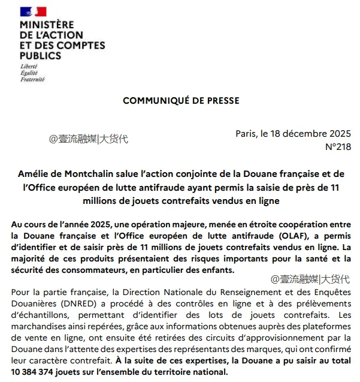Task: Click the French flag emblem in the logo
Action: (x=33, y=12)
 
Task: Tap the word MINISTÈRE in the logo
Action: (x=47, y=25)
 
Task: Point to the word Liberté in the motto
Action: (x=29, y=66)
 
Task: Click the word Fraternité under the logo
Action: (x=32, y=79)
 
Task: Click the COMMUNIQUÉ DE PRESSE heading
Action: (x=181, y=100)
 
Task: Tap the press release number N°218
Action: (x=338, y=146)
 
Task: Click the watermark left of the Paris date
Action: (x=88, y=139)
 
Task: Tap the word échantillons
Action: (x=40, y=315)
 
